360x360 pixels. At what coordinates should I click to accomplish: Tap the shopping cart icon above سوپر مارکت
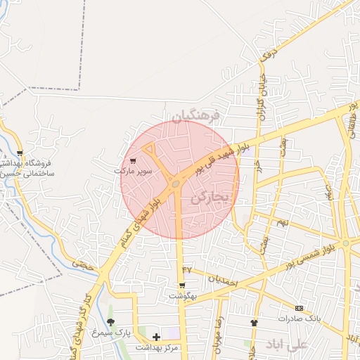(x=133, y=160)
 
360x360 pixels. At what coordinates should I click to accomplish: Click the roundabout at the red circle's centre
(x=175, y=184)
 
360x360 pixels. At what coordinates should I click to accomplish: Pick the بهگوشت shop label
(x=183, y=296)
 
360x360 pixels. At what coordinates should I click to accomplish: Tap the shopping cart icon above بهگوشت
(x=183, y=285)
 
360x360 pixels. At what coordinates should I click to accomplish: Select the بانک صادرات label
(x=299, y=318)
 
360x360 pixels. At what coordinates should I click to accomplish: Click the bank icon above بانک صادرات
(x=299, y=308)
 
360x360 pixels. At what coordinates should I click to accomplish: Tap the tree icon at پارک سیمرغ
(x=110, y=322)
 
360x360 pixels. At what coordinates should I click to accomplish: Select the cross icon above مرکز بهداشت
(x=156, y=337)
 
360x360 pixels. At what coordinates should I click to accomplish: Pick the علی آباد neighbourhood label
(x=286, y=344)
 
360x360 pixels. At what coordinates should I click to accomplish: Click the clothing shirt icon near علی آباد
(x=254, y=322)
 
